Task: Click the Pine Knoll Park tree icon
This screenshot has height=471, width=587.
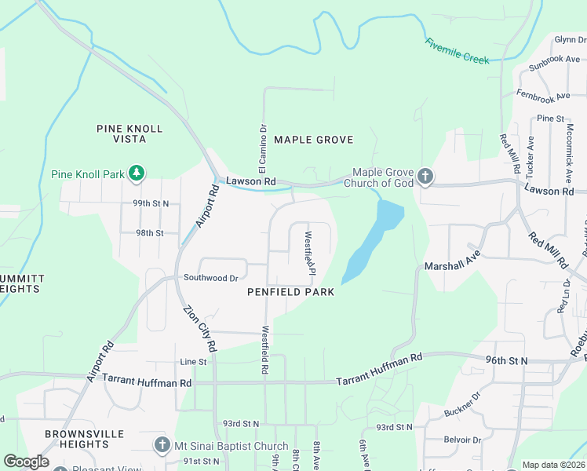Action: [137, 173]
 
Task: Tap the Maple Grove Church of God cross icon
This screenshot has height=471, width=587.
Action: [425, 176]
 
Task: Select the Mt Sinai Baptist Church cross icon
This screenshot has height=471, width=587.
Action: [162, 446]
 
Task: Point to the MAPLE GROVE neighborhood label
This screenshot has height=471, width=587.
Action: [314, 140]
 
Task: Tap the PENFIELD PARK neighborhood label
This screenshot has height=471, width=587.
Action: [290, 292]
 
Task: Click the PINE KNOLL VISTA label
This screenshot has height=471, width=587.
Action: [129, 133]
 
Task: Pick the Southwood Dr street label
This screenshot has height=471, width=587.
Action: [210, 278]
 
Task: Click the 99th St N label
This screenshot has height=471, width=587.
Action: [151, 203]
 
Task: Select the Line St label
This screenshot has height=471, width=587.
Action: [193, 362]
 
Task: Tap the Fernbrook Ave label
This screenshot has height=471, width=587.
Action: [543, 95]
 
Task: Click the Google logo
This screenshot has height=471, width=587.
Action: [26, 462]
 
